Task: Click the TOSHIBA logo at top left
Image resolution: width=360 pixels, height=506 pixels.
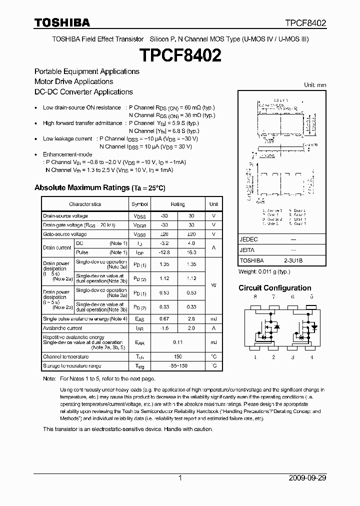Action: point(62,22)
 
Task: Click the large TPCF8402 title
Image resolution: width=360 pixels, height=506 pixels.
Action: point(179,55)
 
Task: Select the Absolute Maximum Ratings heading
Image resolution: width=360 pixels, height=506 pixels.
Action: point(99,188)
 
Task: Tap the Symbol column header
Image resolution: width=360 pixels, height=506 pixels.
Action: point(139,204)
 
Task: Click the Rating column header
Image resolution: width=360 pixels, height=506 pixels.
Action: point(177,204)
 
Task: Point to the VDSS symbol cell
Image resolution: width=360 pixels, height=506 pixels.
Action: point(139,216)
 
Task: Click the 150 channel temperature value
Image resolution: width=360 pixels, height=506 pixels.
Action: point(177,356)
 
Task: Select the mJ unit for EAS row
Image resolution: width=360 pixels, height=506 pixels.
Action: point(213,318)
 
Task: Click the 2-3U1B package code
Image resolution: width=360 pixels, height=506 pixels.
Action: point(293,260)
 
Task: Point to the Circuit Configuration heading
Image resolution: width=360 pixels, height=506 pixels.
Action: point(274,288)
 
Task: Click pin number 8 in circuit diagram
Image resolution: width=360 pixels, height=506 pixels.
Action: point(255,297)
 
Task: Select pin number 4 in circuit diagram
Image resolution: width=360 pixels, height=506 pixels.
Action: point(311,357)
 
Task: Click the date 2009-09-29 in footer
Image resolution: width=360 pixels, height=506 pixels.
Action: point(307,478)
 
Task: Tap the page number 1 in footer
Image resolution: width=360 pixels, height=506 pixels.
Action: point(179,478)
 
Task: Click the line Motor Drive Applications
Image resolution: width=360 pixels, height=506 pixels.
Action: point(73,81)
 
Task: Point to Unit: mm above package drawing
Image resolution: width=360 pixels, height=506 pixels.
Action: point(315,85)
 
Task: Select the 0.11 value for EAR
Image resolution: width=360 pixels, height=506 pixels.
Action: point(177,342)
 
